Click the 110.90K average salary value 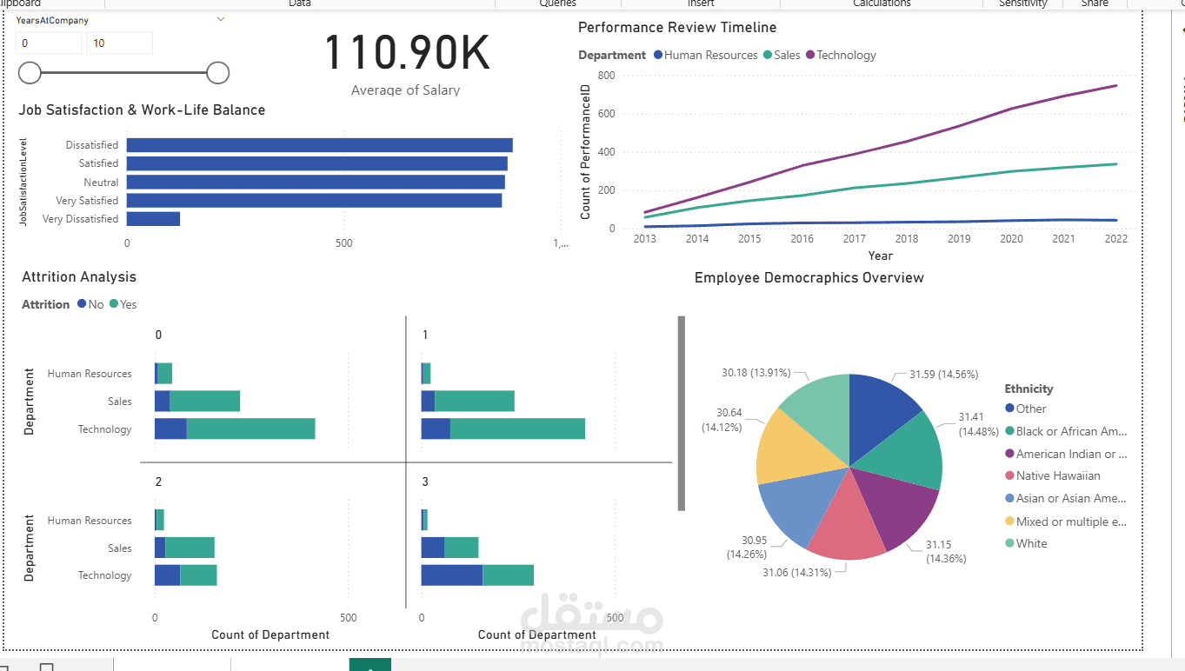click(407, 53)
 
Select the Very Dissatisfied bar click(153, 219)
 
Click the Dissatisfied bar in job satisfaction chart click(319, 145)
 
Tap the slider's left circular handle click(30, 73)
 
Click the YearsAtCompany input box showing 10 click(119, 43)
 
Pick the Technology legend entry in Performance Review click(841, 55)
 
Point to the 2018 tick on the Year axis click(907, 239)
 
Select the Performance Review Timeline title click(677, 28)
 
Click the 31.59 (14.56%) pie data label click(943, 374)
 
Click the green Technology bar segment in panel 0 click(250, 429)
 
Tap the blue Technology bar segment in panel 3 click(451, 575)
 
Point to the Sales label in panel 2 click(119, 548)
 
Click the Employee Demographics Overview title click(809, 278)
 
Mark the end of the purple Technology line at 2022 click(1115, 85)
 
